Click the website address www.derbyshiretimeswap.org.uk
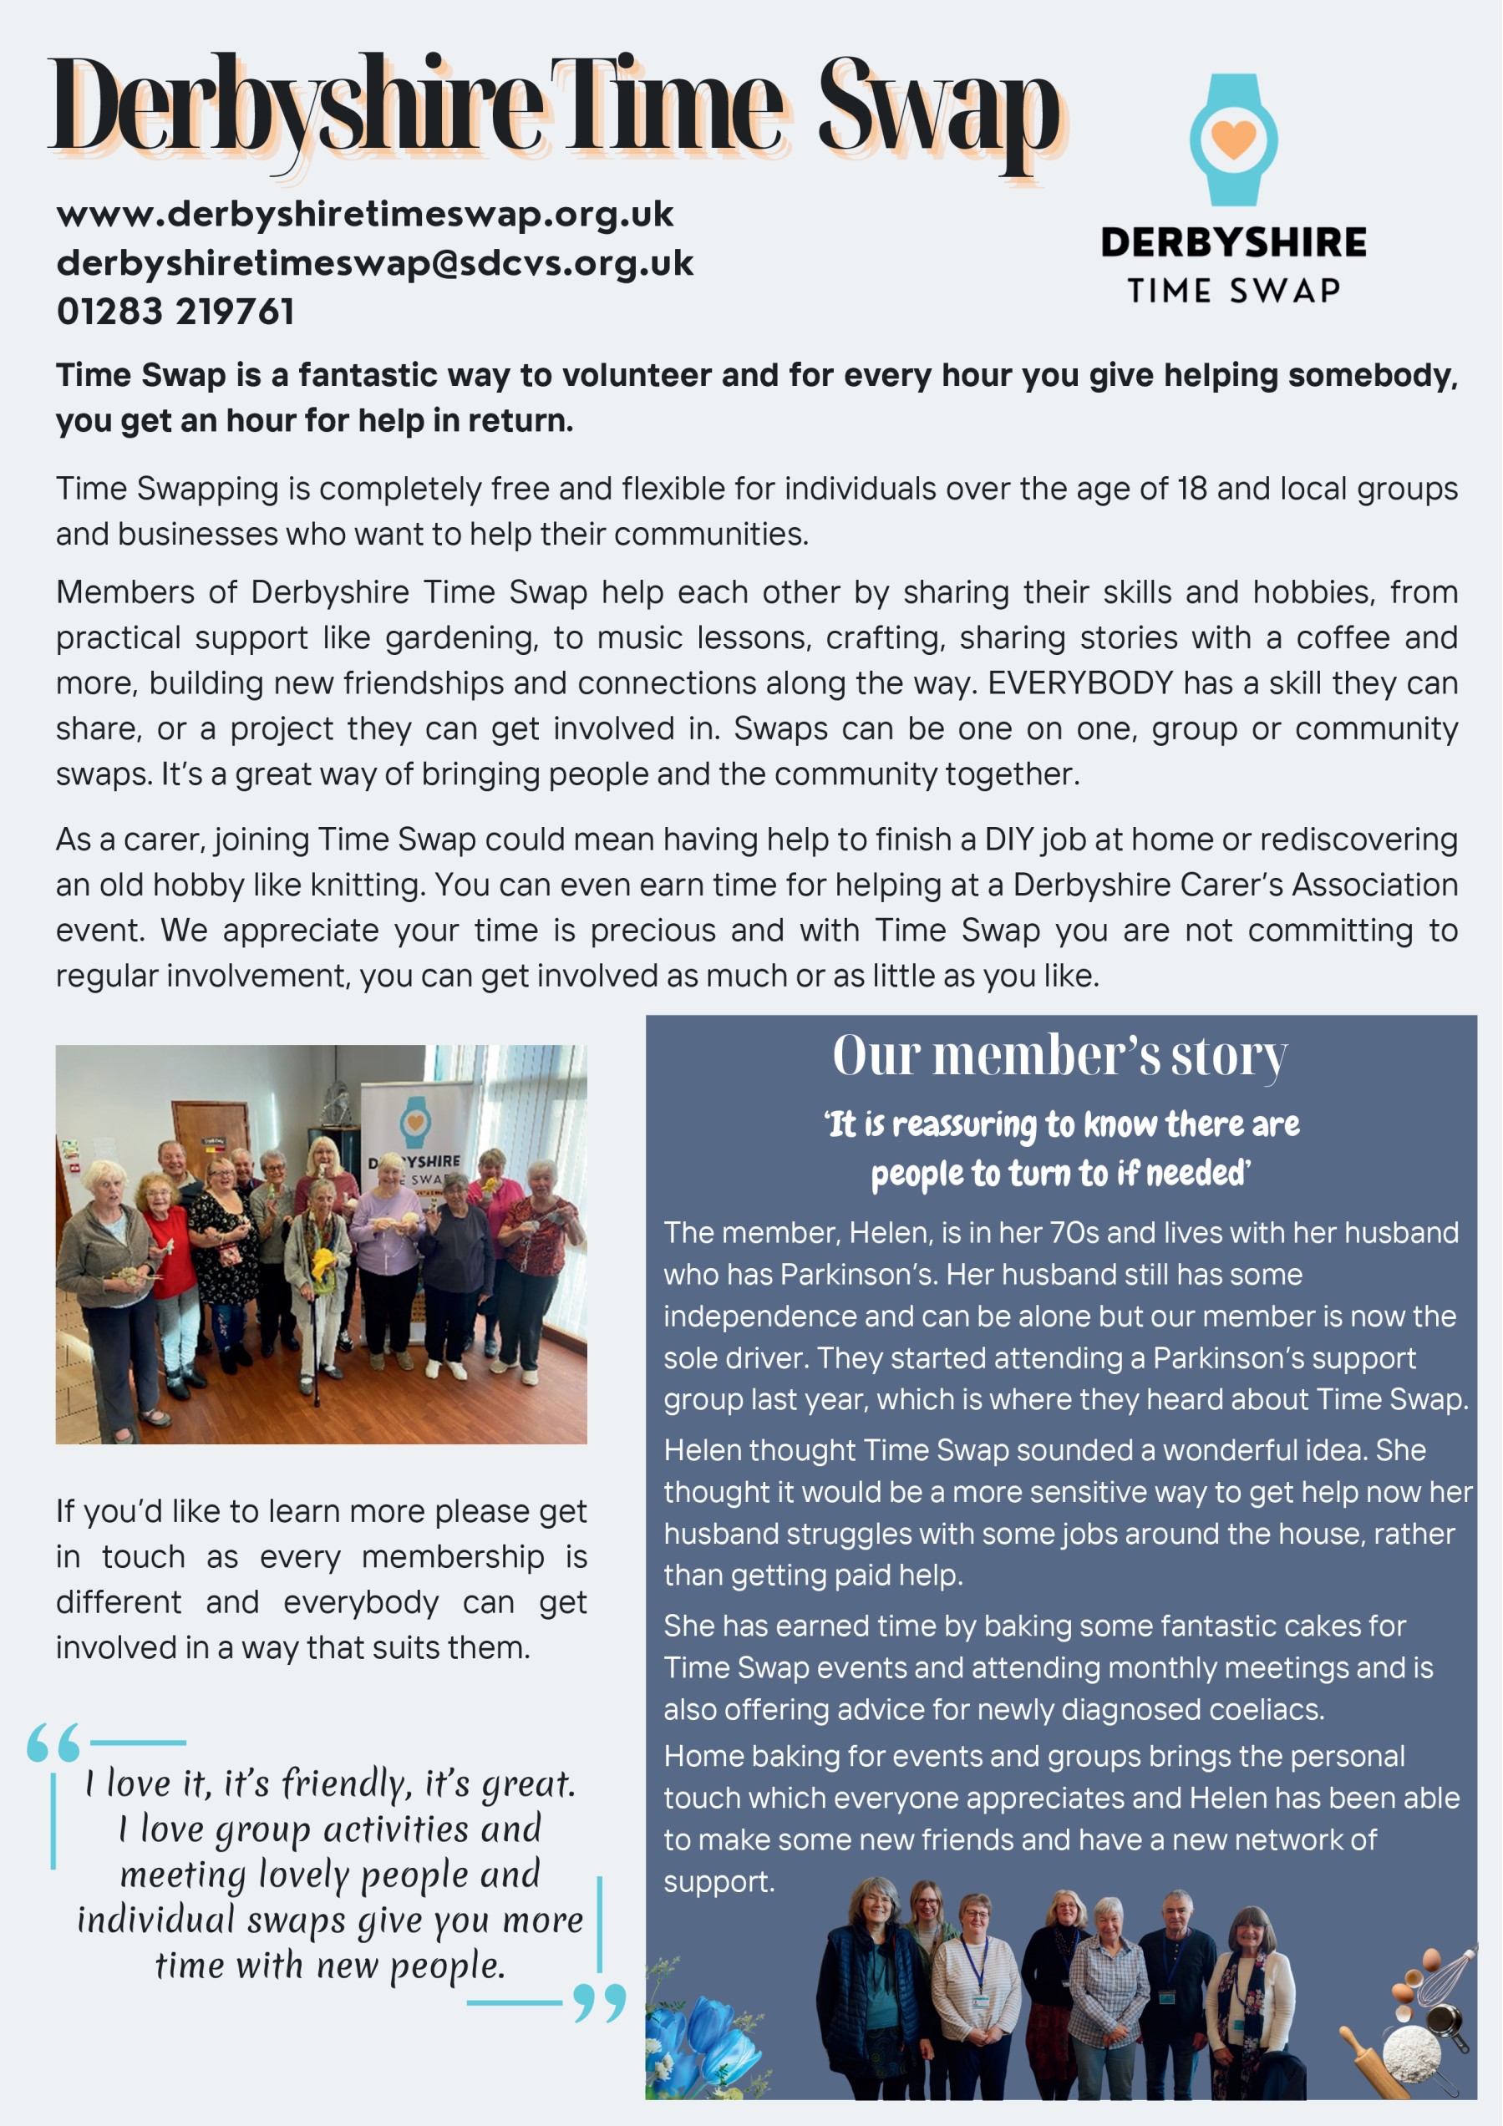(364, 214)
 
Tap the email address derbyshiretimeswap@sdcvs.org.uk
(374, 263)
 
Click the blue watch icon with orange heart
(1232, 140)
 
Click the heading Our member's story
(1059, 1055)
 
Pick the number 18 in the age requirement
(1191, 488)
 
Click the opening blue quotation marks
(53, 1743)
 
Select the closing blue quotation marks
(599, 2001)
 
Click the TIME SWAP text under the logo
(1232, 291)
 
